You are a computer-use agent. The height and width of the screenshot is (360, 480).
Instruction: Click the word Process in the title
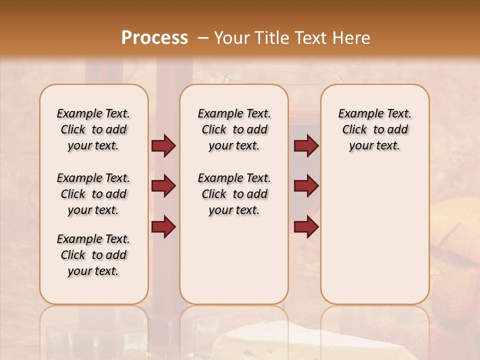154,38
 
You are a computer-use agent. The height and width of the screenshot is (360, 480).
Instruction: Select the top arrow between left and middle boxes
163,146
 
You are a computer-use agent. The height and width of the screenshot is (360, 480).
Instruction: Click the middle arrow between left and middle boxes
163,186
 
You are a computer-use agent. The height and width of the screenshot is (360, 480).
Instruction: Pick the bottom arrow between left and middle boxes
163,226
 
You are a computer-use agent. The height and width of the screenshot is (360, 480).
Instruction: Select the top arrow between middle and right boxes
306,146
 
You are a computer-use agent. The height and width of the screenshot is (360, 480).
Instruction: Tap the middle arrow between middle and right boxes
306,186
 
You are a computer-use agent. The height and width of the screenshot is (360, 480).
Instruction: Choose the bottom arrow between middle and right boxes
306,226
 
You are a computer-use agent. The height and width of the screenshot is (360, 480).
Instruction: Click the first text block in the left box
93,129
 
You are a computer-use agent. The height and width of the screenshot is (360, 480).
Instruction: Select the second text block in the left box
93,194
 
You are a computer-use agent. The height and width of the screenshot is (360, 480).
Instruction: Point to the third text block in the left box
93,255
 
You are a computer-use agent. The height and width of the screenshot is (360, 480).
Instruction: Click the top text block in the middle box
234,129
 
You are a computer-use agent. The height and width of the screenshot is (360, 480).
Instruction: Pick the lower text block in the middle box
234,194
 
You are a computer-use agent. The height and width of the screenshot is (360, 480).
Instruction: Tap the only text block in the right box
374,129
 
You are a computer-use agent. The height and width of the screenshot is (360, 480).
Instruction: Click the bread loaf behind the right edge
457,230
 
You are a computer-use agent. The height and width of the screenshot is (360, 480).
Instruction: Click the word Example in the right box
357,114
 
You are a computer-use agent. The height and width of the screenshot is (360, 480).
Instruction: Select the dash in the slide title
203,38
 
